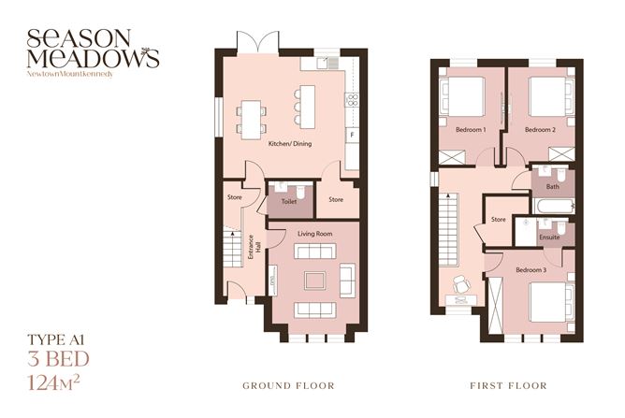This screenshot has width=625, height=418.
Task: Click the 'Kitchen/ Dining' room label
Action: [289, 144]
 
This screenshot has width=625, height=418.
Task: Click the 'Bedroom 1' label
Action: [471, 129]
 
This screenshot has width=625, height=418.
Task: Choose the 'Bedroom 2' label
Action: [540, 129]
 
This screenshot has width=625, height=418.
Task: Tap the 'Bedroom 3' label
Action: [531, 269]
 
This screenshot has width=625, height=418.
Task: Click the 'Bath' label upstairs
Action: [553, 186]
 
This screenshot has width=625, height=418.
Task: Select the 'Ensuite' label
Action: [549, 237]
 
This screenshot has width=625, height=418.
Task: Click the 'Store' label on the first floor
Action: [499, 221]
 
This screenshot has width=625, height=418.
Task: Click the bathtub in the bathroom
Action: [551, 204]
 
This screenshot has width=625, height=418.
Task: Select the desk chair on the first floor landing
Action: [461, 283]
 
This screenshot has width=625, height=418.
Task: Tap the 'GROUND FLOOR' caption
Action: [287, 385]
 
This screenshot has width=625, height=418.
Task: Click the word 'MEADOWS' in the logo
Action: [93, 58]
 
